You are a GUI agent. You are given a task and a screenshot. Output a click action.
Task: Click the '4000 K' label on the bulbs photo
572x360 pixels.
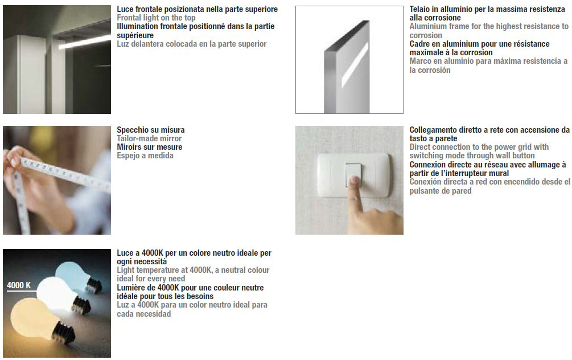pyautogui.click(x=19, y=285)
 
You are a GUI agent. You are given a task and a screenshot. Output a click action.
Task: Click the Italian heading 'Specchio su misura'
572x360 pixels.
pyautogui.click(x=151, y=130)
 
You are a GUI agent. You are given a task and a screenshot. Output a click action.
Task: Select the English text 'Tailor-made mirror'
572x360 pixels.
pyautogui.click(x=149, y=139)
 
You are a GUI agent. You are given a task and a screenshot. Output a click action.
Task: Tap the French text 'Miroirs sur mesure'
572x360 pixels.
pyautogui.click(x=150, y=148)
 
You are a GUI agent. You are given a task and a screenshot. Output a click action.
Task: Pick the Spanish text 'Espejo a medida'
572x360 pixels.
pyautogui.click(x=145, y=156)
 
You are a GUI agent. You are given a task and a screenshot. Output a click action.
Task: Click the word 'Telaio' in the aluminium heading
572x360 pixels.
pyautogui.click(x=420, y=10)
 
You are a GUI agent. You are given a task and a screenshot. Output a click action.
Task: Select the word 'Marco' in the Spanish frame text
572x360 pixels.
pyautogui.click(x=420, y=62)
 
